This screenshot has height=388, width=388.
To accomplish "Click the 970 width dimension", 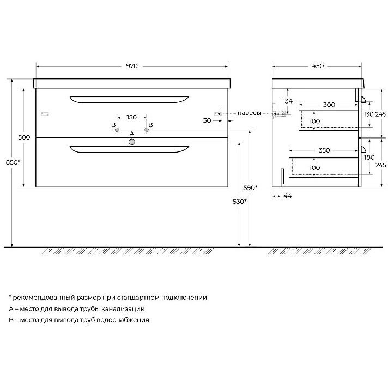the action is [x=132, y=66].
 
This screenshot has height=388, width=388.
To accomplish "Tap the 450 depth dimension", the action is [x=318, y=66].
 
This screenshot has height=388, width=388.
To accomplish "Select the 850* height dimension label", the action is [x=13, y=162].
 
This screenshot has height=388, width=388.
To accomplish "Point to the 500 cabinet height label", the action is [x=24, y=137].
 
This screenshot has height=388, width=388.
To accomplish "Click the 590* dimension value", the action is [x=250, y=188].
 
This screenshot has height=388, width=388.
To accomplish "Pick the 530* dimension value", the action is [x=240, y=202].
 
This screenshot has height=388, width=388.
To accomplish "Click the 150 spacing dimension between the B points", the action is [x=132, y=117].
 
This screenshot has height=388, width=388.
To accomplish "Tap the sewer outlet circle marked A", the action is [x=132, y=142].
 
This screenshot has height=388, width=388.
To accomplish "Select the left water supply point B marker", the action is [x=117, y=130].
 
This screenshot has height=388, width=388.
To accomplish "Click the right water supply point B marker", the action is [x=147, y=130].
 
